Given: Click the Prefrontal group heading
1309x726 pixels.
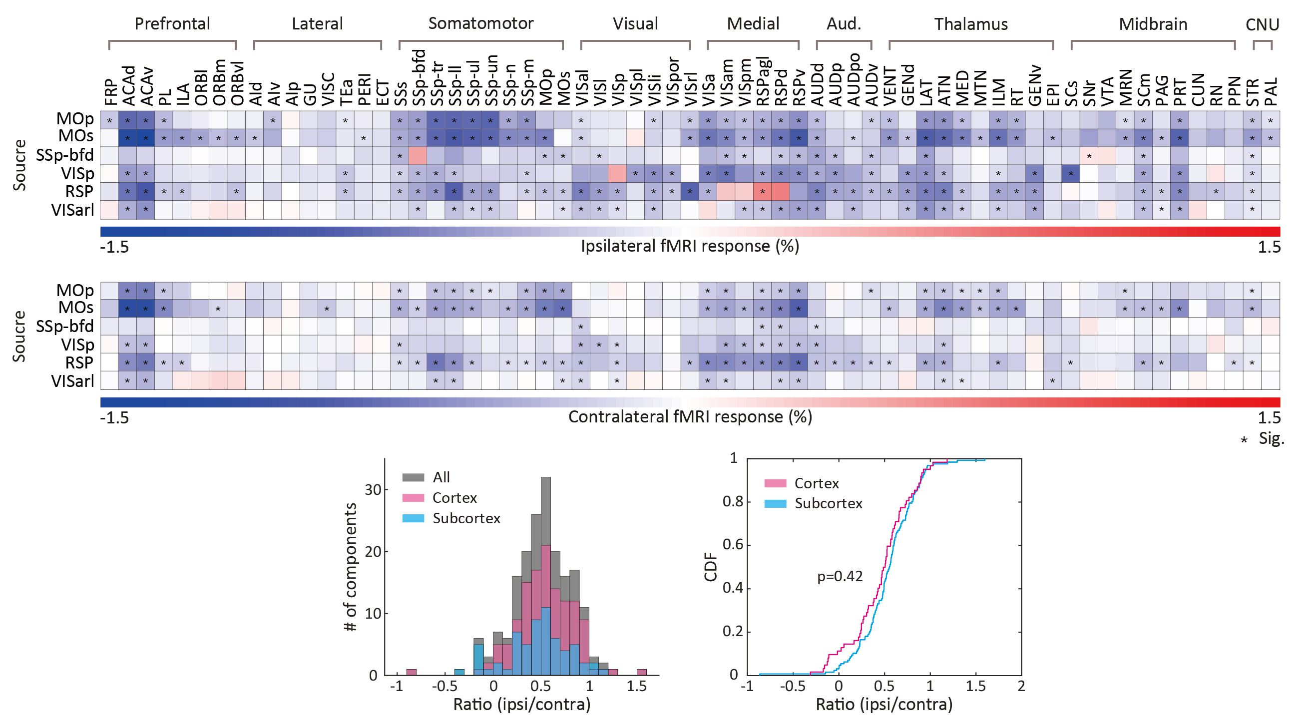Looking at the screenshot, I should tap(172, 23).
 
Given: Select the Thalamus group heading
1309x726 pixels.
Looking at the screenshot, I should tap(970, 24).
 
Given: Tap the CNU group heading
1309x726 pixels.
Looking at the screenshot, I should tap(1262, 24).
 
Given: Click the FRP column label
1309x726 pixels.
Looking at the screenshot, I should tap(110, 91).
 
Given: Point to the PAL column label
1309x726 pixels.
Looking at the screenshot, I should tap(1271, 91).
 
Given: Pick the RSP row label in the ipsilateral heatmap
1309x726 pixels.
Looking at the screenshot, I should tap(79, 192).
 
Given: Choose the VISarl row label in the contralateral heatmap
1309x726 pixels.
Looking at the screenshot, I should tap(72, 381).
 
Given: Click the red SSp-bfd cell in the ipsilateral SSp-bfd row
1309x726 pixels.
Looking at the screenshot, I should tap(418, 155).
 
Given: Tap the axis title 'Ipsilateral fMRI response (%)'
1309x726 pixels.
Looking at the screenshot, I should tap(690, 246).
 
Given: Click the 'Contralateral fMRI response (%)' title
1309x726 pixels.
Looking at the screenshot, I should tap(690, 417).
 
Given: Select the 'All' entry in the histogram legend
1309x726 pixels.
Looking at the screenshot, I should tap(441, 477).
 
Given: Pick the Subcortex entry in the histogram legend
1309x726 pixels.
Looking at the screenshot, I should tap(466, 518).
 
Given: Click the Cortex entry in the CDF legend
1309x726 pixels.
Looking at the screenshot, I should tap(816, 483).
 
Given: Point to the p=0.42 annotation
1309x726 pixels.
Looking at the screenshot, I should tap(840, 576).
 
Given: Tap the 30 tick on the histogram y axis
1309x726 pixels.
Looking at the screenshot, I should tap(373, 490).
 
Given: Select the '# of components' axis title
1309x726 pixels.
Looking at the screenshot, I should tap(351, 567).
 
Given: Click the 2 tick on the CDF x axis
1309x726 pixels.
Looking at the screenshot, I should tap(1021, 687).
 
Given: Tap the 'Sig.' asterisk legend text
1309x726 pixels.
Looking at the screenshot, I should tap(1271, 438).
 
